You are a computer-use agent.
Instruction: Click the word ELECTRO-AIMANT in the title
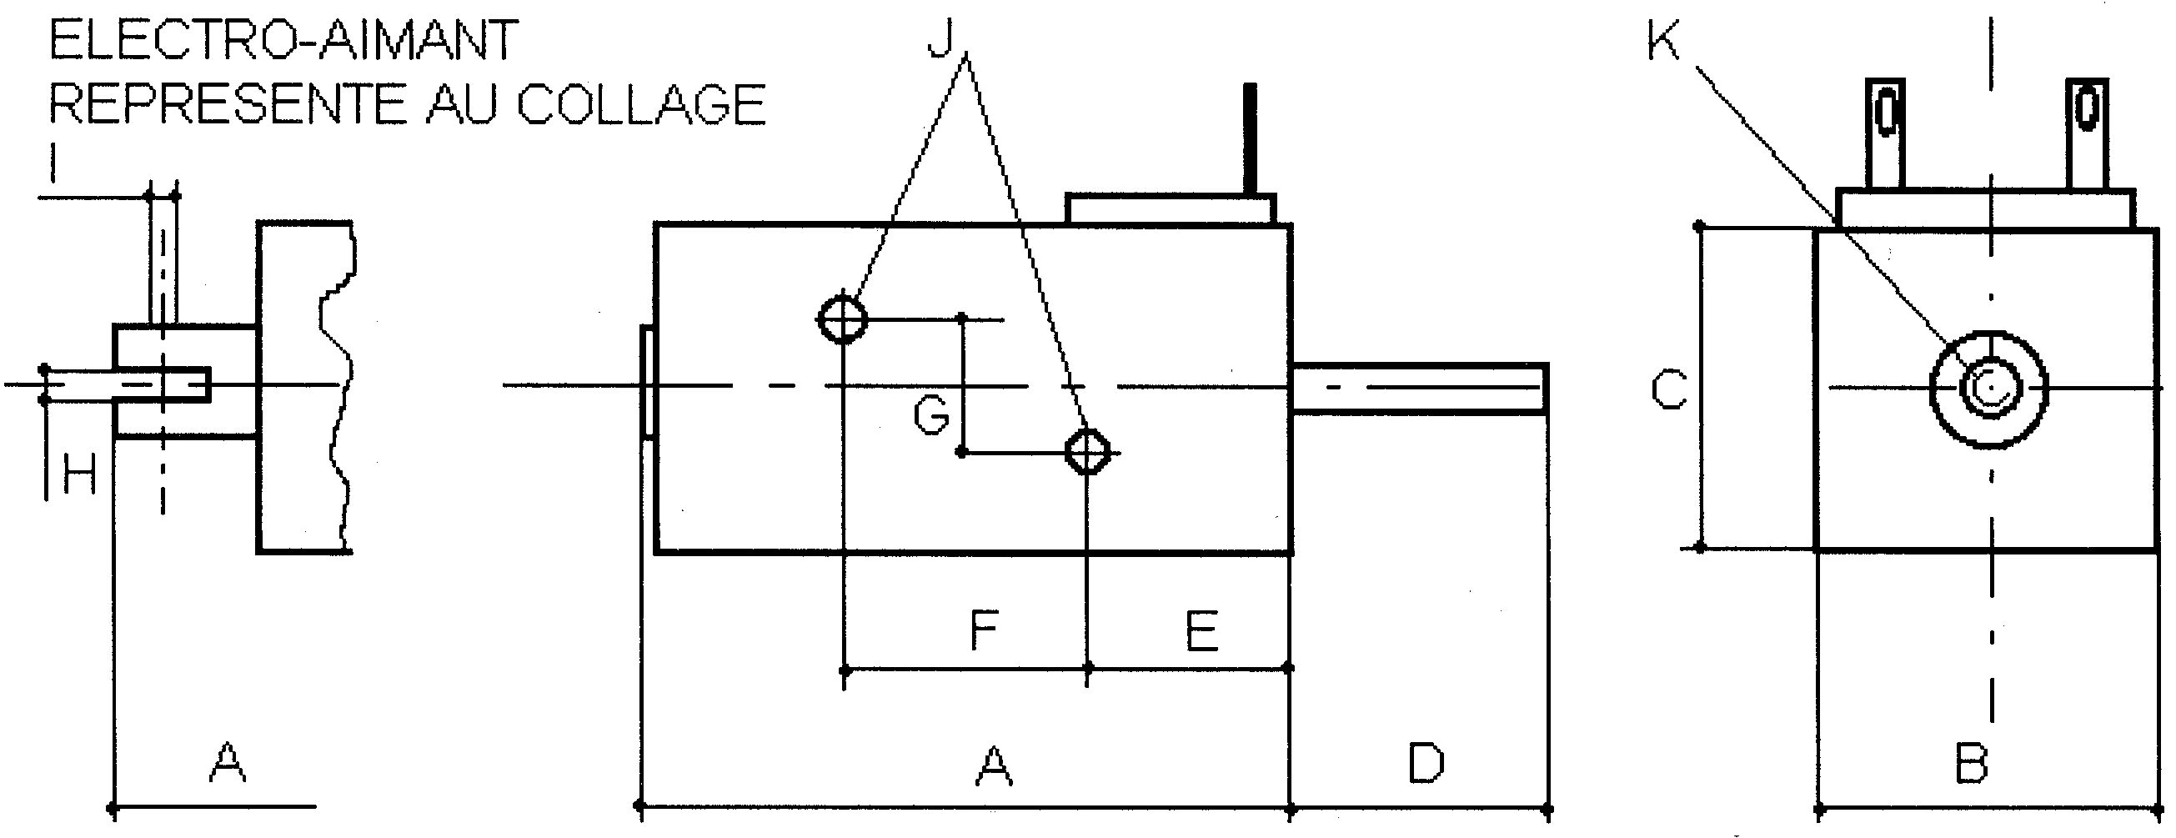[283, 40]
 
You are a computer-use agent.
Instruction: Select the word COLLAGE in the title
[641, 103]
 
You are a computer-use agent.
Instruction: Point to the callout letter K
[1664, 39]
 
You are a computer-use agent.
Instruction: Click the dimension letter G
[932, 415]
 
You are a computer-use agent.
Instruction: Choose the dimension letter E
[1202, 630]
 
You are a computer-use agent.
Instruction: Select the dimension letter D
[1426, 763]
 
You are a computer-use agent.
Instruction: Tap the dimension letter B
[1972, 763]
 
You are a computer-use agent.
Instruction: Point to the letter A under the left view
[228, 763]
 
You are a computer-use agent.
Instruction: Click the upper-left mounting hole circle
[843, 319]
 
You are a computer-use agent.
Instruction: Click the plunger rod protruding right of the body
[1420, 389]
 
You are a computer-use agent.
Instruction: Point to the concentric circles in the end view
[1988, 389]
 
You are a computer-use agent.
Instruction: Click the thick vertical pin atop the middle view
[1251, 138]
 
